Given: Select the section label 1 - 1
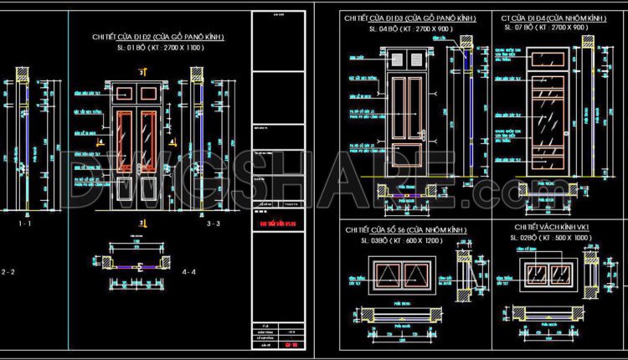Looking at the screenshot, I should [x=26, y=224].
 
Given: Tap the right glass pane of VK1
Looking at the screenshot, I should [x=561, y=272].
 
